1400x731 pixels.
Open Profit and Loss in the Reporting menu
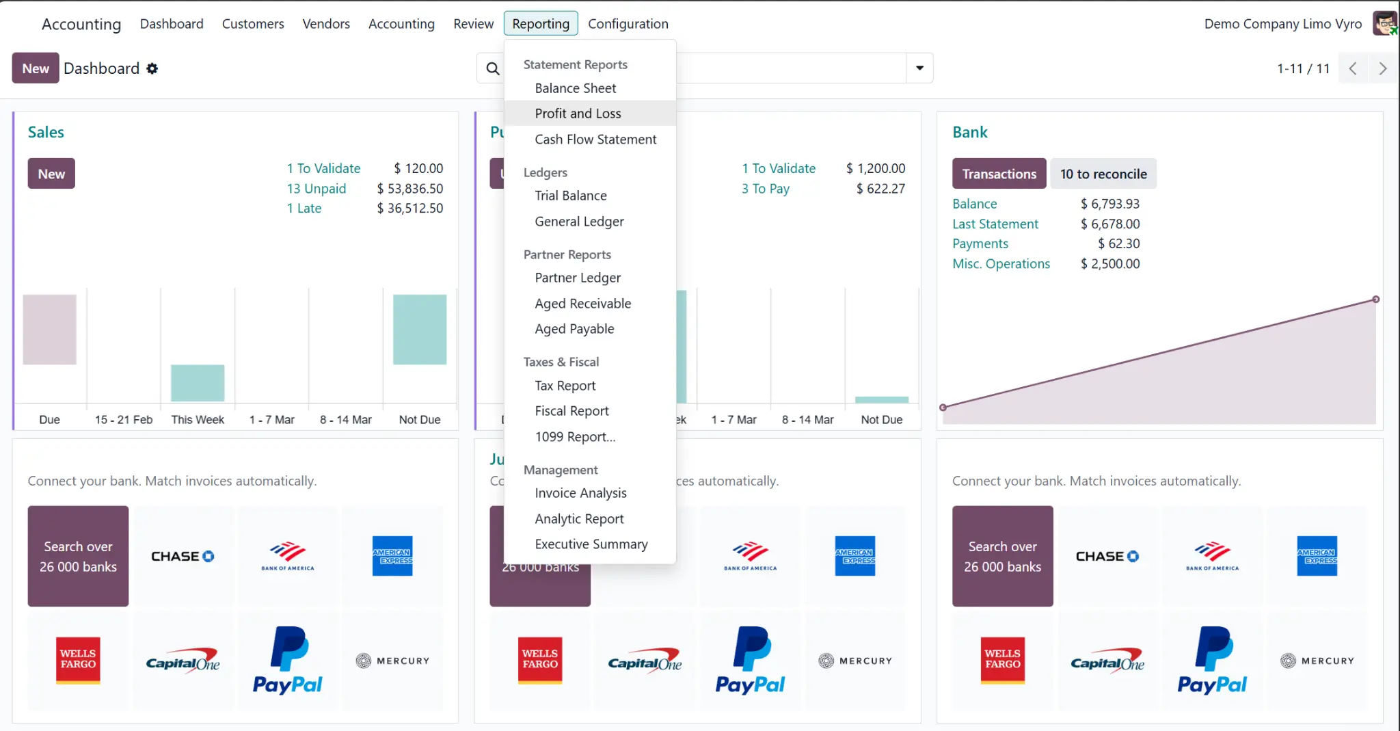click(578, 114)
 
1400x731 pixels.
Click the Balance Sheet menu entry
click(575, 88)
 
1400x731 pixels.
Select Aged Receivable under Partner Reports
click(582, 304)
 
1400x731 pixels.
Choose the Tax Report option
click(565, 386)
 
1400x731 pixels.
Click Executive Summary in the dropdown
click(591, 544)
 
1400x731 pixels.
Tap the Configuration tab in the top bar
click(628, 24)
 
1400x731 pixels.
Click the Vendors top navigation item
click(326, 24)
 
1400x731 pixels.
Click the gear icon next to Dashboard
click(152, 68)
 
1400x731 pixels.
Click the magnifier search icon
click(492, 68)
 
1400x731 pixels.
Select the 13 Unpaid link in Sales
click(316, 189)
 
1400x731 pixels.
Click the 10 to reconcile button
click(1103, 174)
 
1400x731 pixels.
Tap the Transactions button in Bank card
click(999, 174)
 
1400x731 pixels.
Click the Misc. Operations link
click(1001, 264)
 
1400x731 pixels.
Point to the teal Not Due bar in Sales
click(420, 330)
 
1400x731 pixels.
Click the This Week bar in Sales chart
click(198, 383)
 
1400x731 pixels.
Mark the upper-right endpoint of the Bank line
click(1375, 300)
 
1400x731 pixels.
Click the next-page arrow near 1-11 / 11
click(1382, 68)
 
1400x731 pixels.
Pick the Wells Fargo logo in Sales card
click(78, 661)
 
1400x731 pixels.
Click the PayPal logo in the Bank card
click(1211, 661)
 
